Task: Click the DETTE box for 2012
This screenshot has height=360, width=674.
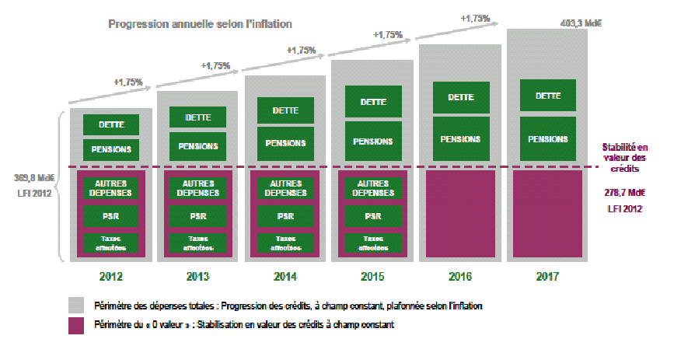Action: (x=110, y=124)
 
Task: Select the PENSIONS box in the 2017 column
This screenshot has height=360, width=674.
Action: (x=547, y=139)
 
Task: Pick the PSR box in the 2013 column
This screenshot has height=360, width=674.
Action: (x=197, y=215)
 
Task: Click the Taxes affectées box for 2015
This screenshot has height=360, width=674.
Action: (x=372, y=243)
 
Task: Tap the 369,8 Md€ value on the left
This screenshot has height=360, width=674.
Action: (x=30, y=176)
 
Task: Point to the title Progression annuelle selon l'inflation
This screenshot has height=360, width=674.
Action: (x=200, y=24)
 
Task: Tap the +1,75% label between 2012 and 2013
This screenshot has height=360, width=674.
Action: (x=128, y=80)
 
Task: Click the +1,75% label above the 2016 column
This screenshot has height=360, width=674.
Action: (x=474, y=17)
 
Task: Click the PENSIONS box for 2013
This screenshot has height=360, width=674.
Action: (x=197, y=146)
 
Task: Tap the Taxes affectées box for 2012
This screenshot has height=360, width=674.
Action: (x=110, y=243)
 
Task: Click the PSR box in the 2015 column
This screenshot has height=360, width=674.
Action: (x=372, y=215)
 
